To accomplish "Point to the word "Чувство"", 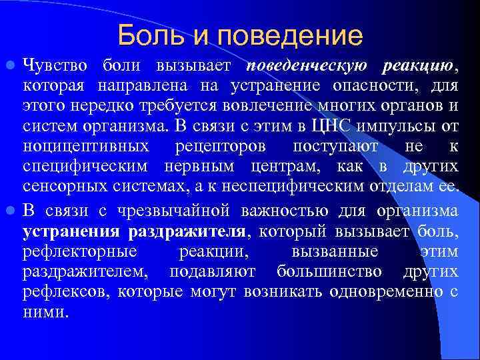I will pos(57,66).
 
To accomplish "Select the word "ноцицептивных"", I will pos(87,146).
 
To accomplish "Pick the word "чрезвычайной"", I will pos(161,212).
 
